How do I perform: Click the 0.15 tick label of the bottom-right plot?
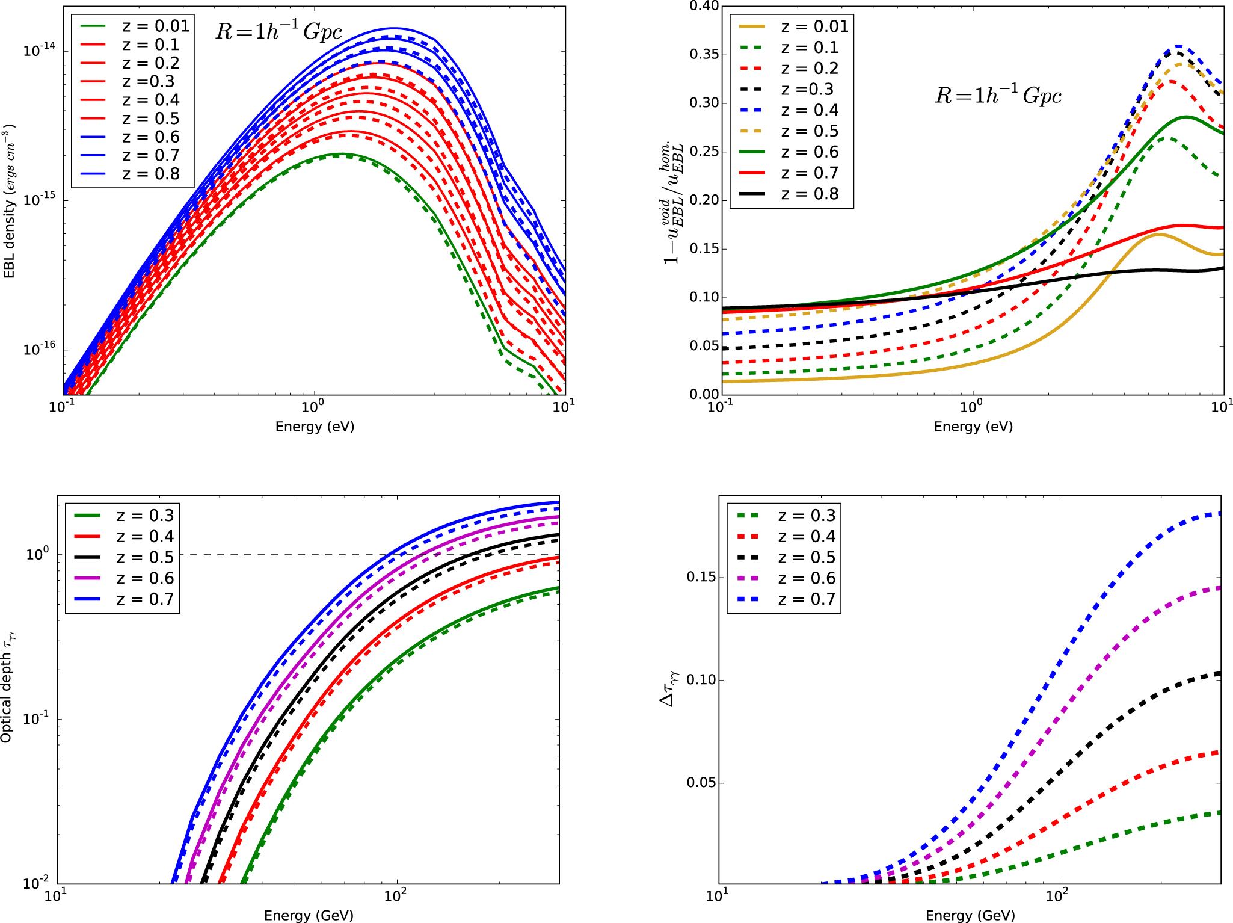pos(701,577)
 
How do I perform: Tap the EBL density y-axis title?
pos(10,202)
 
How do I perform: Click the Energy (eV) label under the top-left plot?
pos(315,427)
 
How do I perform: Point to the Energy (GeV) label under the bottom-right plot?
pos(970,915)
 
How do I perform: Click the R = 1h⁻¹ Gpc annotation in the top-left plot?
pos(278,31)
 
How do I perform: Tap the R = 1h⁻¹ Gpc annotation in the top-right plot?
pos(998,95)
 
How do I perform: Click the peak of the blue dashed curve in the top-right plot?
pos(1178,46)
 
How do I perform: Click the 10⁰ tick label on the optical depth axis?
pos(37,554)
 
